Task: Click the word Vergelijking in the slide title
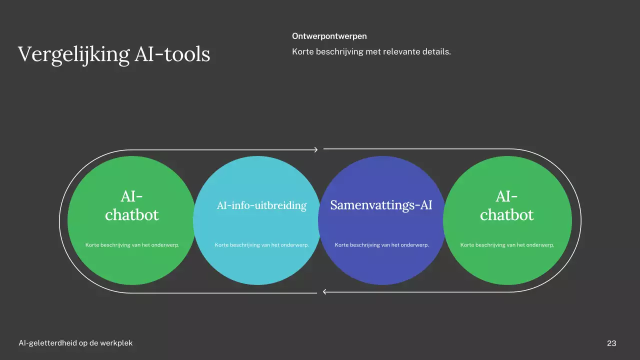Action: point(73,54)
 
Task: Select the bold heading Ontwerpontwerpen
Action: point(329,36)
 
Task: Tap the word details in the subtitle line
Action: point(436,51)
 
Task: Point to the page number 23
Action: point(611,343)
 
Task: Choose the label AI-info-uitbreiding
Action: point(261,205)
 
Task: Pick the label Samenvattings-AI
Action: point(381,205)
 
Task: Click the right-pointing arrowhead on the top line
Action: point(315,149)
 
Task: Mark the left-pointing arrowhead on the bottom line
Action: point(325,292)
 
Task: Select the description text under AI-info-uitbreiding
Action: point(261,245)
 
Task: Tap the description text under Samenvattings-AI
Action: point(382,245)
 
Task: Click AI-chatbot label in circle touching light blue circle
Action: point(132,205)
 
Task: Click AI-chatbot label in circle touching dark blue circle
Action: point(507,205)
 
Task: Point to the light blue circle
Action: point(256,265)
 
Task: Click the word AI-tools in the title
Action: point(172,54)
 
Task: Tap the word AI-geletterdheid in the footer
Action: point(48,343)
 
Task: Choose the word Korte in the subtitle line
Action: point(302,51)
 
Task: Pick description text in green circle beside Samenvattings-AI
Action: point(507,245)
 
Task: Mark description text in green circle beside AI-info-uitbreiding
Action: point(132,245)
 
